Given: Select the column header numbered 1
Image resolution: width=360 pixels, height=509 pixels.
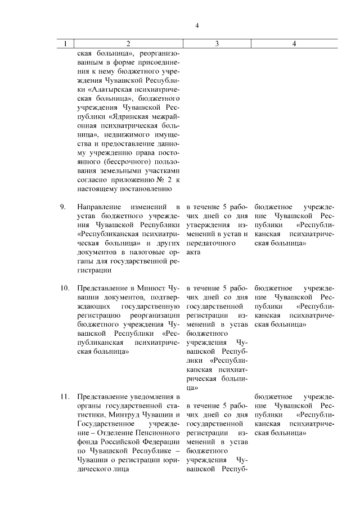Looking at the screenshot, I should [x=66, y=44].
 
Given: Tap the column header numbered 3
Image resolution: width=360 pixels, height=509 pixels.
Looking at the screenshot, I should [x=217, y=44].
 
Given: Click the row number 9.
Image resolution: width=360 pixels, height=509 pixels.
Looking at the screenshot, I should [x=64, y=207].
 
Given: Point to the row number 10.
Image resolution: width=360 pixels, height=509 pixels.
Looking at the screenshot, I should [x=65, y=288].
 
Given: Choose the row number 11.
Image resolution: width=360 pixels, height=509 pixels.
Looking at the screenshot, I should [x=65, y=398].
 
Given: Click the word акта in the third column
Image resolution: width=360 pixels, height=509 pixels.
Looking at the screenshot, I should [x=194, y=253].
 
